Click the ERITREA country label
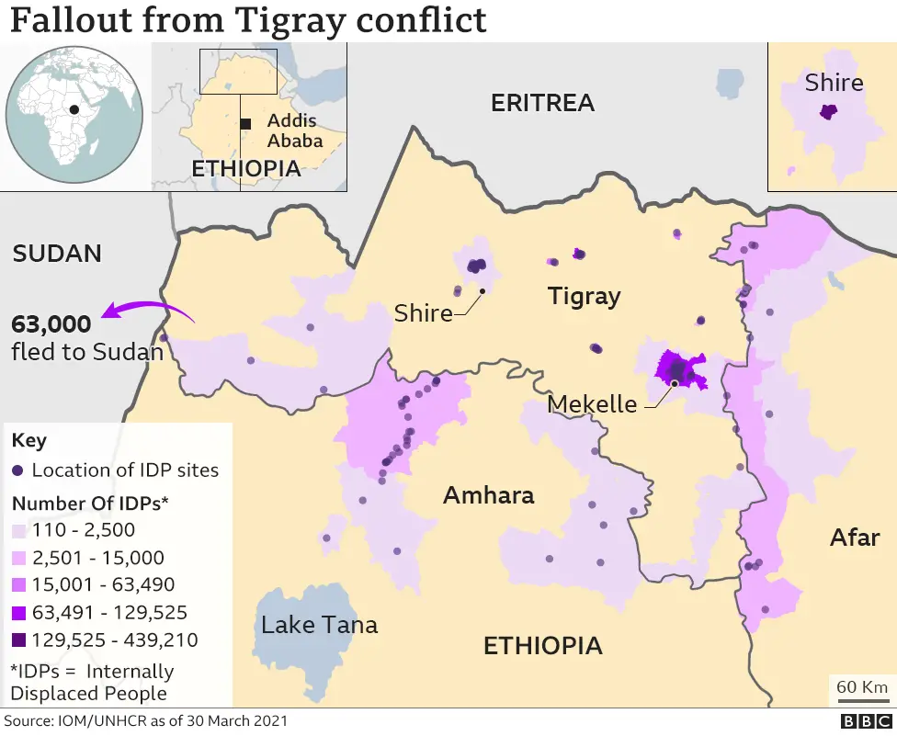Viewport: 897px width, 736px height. point(542,103)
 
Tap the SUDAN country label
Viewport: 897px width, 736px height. point(57,254)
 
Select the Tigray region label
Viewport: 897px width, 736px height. point(584,297)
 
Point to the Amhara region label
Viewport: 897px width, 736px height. point(488,496)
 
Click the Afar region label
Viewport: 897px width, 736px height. point(855,537)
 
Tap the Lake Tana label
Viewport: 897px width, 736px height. point(319,626)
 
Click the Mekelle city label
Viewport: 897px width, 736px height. point(592,403)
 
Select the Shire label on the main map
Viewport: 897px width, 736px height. point(423,312)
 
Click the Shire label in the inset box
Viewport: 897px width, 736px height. point(834,83)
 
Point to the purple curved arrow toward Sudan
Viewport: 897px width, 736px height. point(147,311)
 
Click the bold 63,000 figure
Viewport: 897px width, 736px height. point(51,324)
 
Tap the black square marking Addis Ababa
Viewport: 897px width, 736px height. point(245,123)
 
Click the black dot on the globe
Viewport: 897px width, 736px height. point(74,109)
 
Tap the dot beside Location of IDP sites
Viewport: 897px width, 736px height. point(18,470)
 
